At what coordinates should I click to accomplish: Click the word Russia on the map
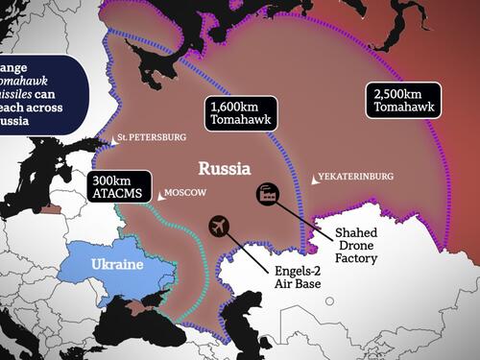click(225, 168)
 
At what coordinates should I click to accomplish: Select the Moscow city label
click(186, 193)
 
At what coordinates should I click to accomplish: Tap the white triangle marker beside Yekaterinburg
click(316, 180)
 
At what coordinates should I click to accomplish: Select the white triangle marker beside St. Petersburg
click(114, 140)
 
